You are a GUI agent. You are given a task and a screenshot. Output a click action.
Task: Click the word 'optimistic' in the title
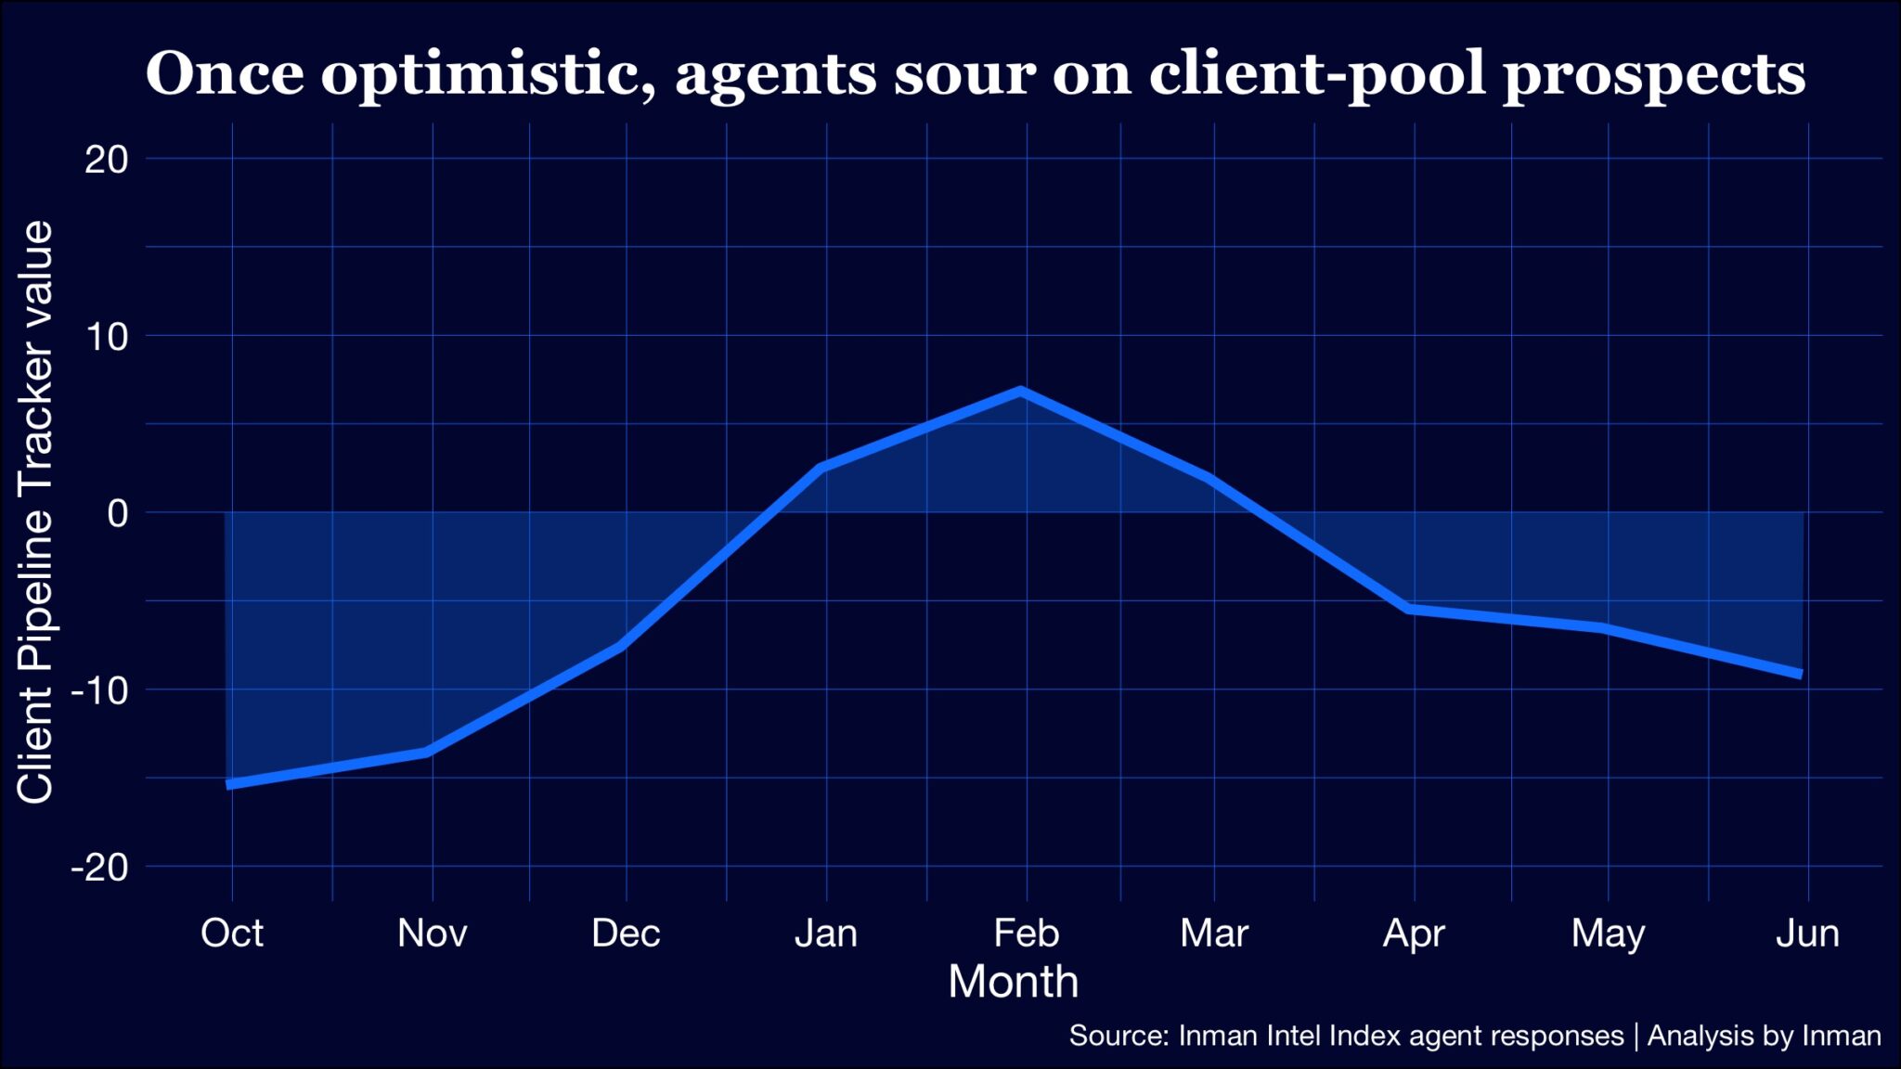pos(488,74)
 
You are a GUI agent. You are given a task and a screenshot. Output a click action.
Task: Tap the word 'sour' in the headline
pos(964,74)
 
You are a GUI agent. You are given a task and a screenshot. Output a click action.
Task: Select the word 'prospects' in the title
pos(1654,74)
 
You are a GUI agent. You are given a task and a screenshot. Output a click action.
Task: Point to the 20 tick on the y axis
pos(107,160)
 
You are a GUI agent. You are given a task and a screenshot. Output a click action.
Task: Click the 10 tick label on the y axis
pos(107,336)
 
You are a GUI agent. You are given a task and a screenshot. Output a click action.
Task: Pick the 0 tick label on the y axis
pos(118,513)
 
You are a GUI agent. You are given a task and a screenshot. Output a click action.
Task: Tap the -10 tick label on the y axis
pos(100,690)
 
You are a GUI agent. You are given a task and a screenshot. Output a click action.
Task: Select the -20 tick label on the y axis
pos(100,868)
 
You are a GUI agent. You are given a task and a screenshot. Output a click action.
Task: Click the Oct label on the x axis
pos(232,933)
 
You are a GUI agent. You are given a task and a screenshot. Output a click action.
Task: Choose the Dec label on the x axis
pos(626,933)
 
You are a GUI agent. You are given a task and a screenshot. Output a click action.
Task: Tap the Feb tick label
pos(1026,933)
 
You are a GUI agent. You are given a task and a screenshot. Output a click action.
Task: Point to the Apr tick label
pos(1414,933)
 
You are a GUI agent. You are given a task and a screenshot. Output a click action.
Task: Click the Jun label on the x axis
pos(1807,933)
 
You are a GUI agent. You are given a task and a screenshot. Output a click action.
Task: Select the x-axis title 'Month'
pos(1013,982)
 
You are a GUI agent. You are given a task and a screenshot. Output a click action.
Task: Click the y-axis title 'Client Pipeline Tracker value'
pos(35,512)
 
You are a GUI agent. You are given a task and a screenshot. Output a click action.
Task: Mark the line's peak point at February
pos(1021,391)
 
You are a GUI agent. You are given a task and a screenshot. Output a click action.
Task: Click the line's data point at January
pos(822,468)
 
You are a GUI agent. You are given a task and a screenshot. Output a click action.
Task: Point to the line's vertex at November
pos(428,752)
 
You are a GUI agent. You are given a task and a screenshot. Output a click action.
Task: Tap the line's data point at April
pos(1410,609)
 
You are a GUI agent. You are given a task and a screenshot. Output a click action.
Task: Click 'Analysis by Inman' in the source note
pos(1764,1036)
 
